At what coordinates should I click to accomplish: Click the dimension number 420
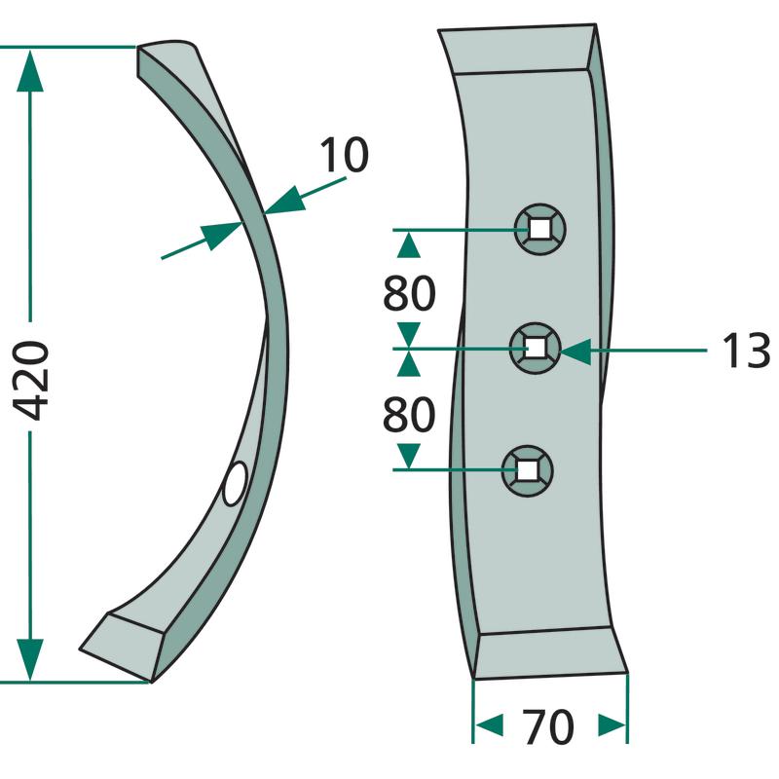click(33, 380)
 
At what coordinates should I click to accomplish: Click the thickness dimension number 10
click(342, 156)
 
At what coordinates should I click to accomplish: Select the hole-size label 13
click(746, 352)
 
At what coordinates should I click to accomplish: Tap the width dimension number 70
click(548, 726)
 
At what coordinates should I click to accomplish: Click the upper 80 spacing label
click(409, 294)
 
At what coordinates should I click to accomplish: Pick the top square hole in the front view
click(538, 229)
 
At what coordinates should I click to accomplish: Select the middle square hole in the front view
click(536, 348)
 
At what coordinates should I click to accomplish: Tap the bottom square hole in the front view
click(527, 470)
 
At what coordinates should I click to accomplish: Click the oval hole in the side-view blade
click(236, 484)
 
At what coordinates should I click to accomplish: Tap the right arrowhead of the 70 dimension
click(612, 725)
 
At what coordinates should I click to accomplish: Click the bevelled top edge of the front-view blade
click(517, 50)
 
